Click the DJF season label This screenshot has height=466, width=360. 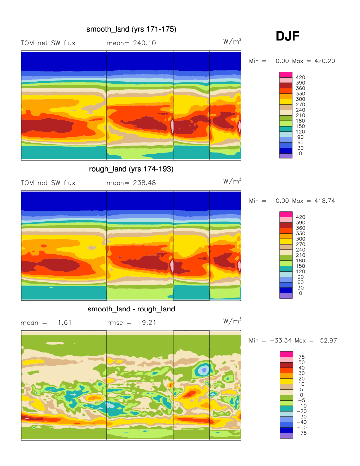pos(287,36)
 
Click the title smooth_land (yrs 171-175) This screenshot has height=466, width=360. pos(131,30)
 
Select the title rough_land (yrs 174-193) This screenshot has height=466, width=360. pos(131,169)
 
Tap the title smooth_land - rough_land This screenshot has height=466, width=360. pos(131,309)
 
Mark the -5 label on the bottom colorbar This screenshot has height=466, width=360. pos(301,401)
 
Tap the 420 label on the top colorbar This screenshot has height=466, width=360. pos(301,77)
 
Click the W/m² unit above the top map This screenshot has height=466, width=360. pos(233,42)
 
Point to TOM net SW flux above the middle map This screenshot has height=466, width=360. pos(48,183)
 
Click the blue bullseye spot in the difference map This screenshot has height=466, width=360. pos(203,370)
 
